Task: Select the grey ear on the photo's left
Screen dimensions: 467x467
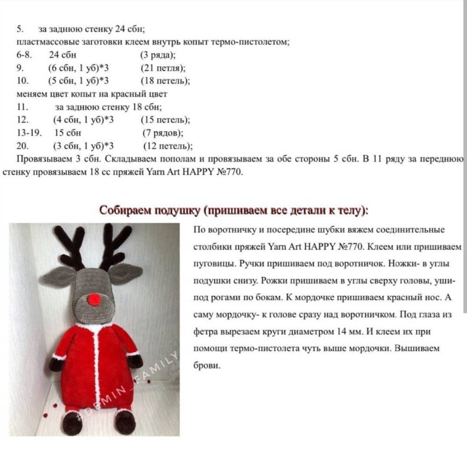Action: [x=57, y=276]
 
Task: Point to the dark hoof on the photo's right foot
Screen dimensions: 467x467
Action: [x=125, y=423]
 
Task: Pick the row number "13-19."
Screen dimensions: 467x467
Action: [x=29, y=133]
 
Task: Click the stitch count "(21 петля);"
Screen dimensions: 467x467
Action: [x=163, y=68]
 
